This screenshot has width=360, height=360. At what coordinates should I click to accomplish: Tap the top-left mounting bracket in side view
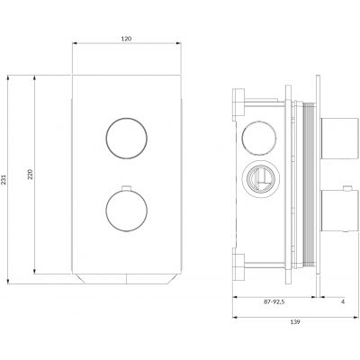(239, 102)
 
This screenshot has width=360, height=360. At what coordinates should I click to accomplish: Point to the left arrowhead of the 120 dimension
(75, 49)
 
